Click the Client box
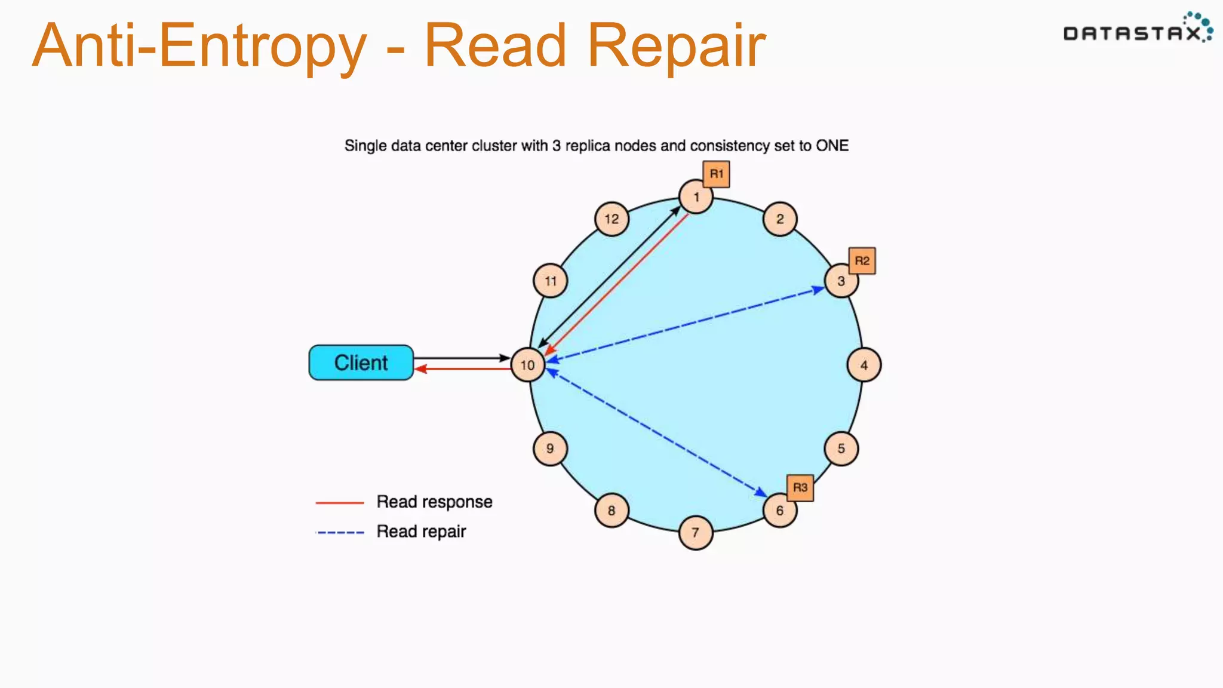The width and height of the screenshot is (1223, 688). tap(361, 363)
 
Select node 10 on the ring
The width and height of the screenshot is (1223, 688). tap(528, 365)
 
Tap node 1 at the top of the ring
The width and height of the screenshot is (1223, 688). tap(696, 196)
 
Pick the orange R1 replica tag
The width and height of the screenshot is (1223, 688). tap(716, 174)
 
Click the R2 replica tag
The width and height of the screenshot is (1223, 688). tap(862, 260)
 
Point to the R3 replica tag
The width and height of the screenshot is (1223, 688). tap(800, 487)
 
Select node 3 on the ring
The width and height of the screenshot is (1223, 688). tap(841, 281)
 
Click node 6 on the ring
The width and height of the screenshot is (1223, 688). tap(780, 511)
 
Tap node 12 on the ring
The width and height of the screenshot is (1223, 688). tap(611, 219)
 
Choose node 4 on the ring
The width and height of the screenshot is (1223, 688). tap(864, 365)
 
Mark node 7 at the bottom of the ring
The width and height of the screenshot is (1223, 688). tap(696, 532)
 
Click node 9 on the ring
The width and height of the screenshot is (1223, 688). tap(550, 449)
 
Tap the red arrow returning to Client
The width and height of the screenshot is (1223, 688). tap(466, 369)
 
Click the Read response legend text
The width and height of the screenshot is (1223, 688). tap(434, 502)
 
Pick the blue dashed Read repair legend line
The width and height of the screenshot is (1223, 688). tap(340, 532)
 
